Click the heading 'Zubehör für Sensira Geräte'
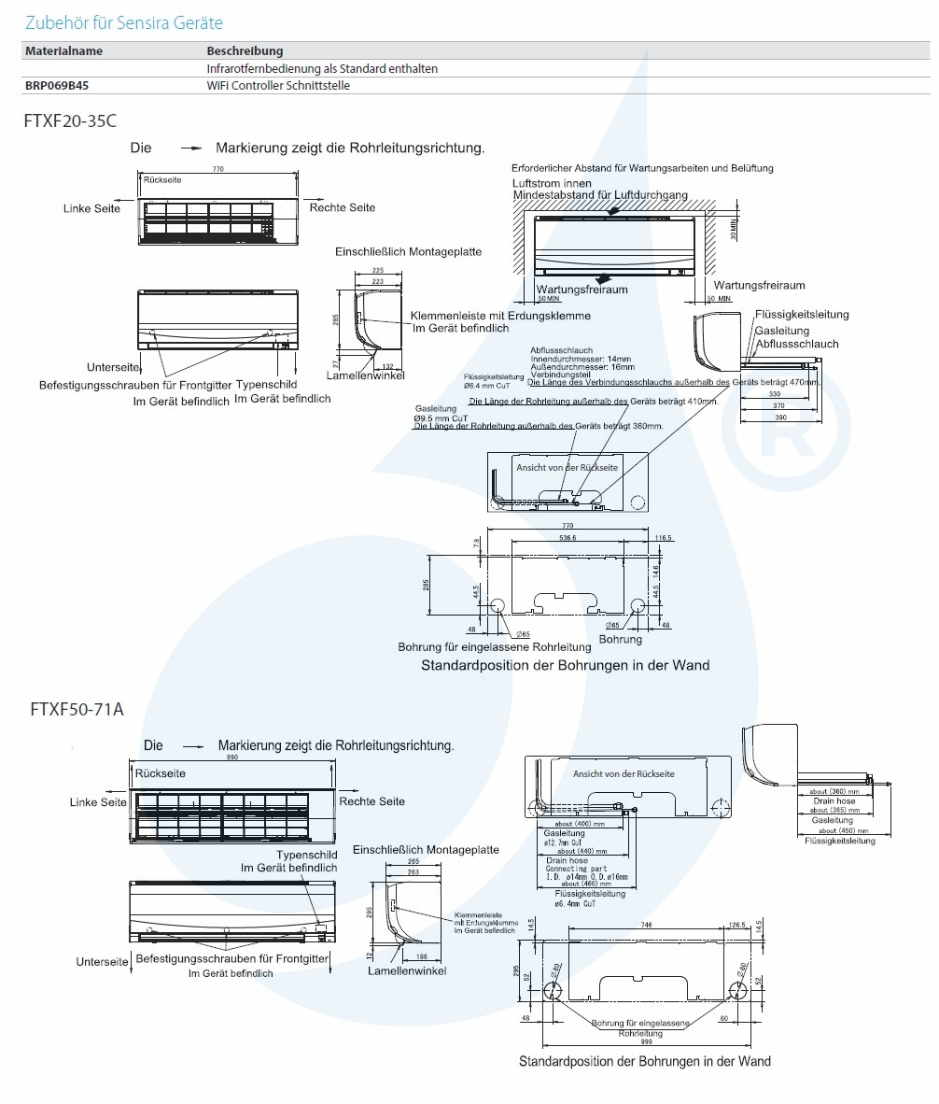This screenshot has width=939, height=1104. (123, 22)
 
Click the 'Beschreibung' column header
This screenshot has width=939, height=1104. (245, 51)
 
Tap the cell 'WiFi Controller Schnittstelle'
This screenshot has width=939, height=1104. (278, 85)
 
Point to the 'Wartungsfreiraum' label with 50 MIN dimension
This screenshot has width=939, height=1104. (582, 290)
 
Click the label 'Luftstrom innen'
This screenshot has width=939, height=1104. (552, 184)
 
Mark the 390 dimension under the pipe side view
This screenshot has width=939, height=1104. (777, 417)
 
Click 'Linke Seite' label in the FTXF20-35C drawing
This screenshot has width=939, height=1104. (91, 208)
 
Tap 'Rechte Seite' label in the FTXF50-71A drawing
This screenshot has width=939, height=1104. (372, 801)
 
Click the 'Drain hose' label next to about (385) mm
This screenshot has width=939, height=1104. (834, 801)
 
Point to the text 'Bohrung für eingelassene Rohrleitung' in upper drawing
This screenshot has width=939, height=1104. (495, 646)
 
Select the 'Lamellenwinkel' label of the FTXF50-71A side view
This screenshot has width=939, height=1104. (407, 970)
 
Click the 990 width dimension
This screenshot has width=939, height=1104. (231, 757)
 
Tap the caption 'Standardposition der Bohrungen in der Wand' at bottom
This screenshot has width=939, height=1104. (645, 1061)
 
